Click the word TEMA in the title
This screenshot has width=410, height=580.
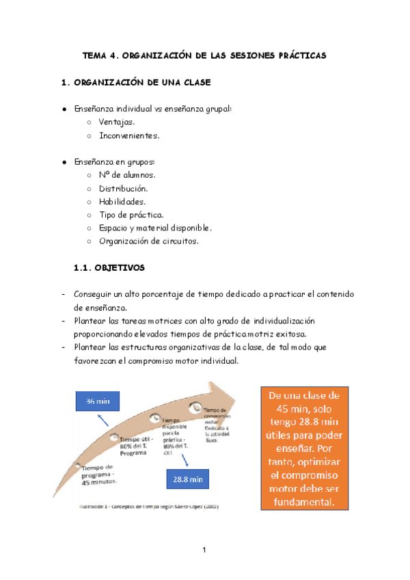94,53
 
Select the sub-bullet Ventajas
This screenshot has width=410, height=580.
116,122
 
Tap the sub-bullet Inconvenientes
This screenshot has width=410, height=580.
129,135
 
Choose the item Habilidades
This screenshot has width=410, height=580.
122,201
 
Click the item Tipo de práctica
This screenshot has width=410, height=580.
131,215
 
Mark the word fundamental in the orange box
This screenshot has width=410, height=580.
304,501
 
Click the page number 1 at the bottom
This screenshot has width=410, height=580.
204,550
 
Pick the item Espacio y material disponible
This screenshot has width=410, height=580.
154,228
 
